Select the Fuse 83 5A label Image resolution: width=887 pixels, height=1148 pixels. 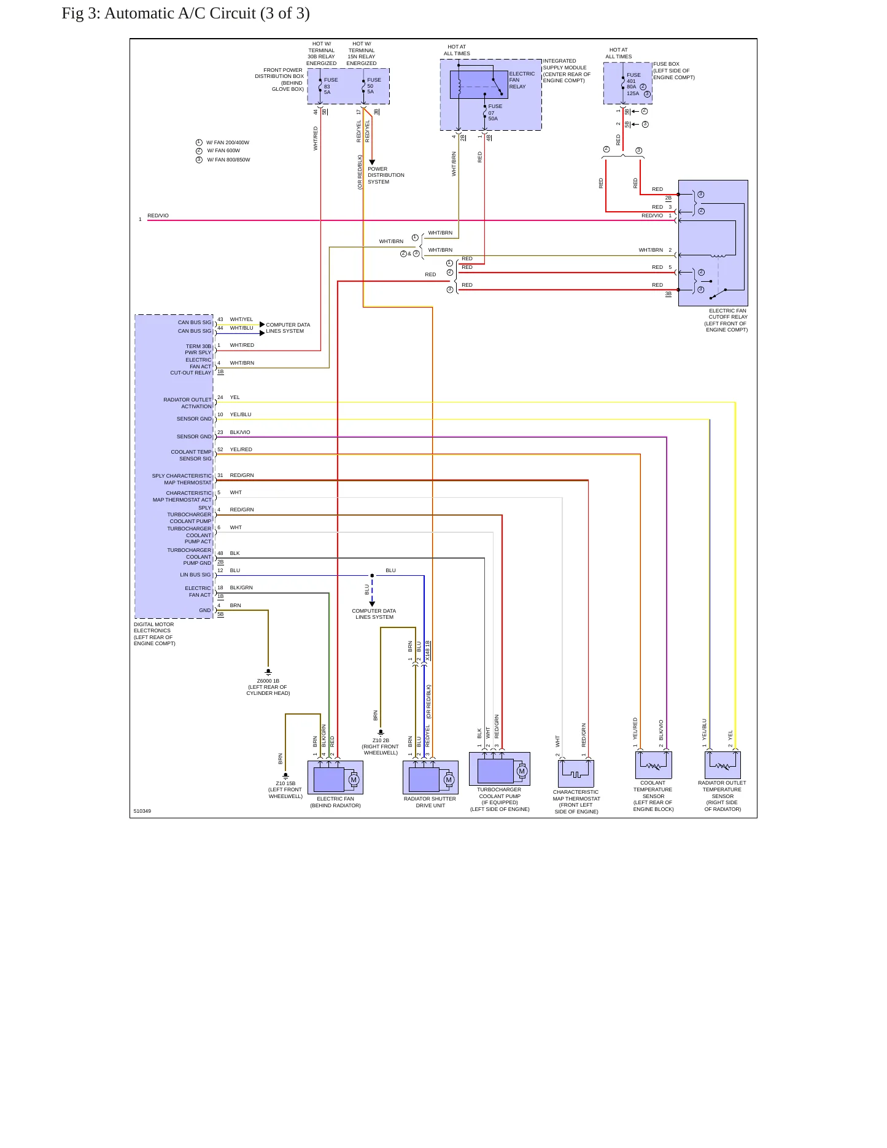tap(331, 86)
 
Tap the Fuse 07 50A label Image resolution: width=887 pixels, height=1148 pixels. tap(495, 112)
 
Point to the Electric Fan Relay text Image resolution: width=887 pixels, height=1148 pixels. tap(522, 80)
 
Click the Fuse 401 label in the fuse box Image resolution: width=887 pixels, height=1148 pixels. tap(633, 78)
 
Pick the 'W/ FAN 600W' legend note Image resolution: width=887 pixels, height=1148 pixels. tap(223, 150)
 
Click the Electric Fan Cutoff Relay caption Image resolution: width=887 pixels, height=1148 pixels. tap(726, 320)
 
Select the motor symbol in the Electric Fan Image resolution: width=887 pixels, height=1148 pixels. tap(354, 780)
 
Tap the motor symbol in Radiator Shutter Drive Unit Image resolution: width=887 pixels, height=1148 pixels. tap(449, 780)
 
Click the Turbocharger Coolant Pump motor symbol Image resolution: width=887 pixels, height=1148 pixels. tap(522, 771)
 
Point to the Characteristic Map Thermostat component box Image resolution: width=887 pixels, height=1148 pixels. tap(576, 774)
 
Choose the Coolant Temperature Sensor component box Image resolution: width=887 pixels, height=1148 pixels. tap(653, 765)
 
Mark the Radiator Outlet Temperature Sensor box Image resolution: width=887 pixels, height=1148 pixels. tap(722, 765)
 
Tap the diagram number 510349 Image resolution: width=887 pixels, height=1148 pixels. tap(142, 811)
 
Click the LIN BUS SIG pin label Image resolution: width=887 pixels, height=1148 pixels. tap(195, 575)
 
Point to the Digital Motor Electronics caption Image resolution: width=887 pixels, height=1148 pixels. tap(155, 634)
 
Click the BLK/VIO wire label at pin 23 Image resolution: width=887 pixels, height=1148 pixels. tap(240, 432)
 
